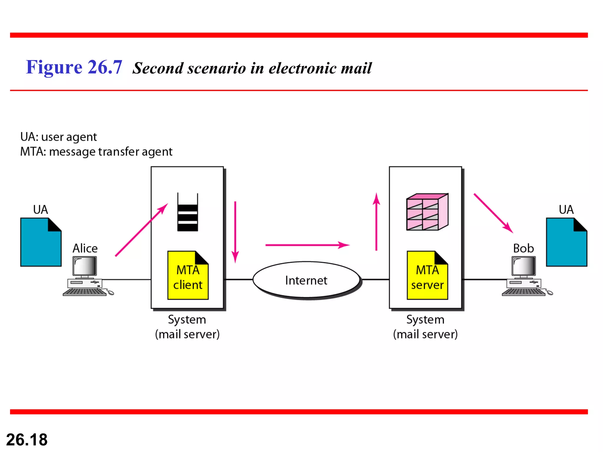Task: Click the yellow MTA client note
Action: [188, 276]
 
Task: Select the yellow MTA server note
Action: [427, 276]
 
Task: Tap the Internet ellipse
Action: [306, 280]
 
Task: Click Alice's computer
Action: [85, 277]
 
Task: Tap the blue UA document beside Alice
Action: [41, 242]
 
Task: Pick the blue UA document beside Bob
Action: [566, 242]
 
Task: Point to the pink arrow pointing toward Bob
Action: [493, 213]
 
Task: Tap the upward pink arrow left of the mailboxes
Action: [376, 222]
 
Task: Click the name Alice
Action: [85, 248]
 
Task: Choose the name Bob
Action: [523, 248]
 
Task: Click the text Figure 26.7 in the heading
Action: [74, 67]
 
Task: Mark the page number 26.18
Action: [27, 440]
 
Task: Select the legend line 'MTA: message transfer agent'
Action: [96, 152]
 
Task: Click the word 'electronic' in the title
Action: [302, 68]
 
